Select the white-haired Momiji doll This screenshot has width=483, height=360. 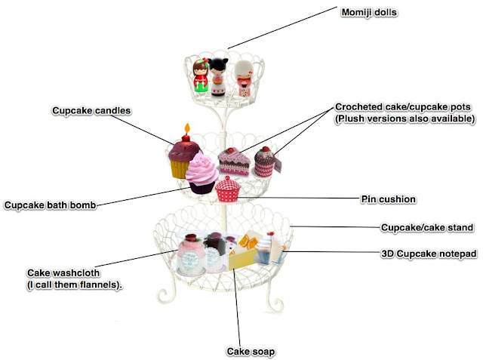[243, 79]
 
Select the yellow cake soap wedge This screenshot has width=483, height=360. [243, 254]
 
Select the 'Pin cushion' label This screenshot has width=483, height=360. [388, 199]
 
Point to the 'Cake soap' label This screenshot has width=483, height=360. [250, 351]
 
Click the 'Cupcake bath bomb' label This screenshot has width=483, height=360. [50, 205]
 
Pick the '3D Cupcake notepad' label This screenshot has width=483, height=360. [428, 254]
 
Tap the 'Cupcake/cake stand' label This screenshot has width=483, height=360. [426, 227]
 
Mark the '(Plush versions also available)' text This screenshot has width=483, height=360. [405, 118]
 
